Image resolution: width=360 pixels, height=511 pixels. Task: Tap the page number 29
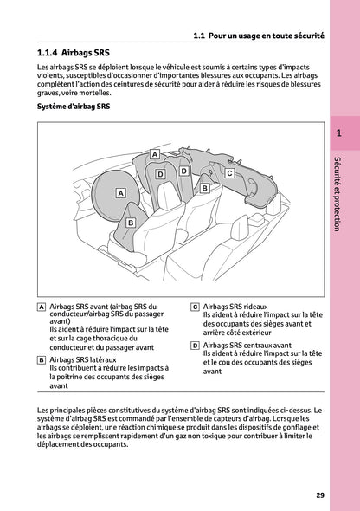click(319, 495)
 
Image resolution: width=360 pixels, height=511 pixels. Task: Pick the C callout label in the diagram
click(228, 173)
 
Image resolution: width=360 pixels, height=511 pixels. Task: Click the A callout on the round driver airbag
click(120, 192)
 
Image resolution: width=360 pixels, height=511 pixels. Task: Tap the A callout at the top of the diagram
click(154, 154)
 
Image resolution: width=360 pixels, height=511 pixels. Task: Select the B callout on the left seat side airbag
click(130, 223)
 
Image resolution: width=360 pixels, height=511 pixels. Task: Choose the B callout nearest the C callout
click(204, 187)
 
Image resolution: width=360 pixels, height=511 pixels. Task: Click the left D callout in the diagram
click(161, 175)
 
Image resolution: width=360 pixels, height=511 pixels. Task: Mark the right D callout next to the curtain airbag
click(183, 171)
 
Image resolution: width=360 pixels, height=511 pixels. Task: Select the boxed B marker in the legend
click(42, 359)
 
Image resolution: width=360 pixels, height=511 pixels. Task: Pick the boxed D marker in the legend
click(195, 344)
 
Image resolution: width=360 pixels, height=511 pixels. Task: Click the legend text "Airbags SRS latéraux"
click(83, 359)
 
